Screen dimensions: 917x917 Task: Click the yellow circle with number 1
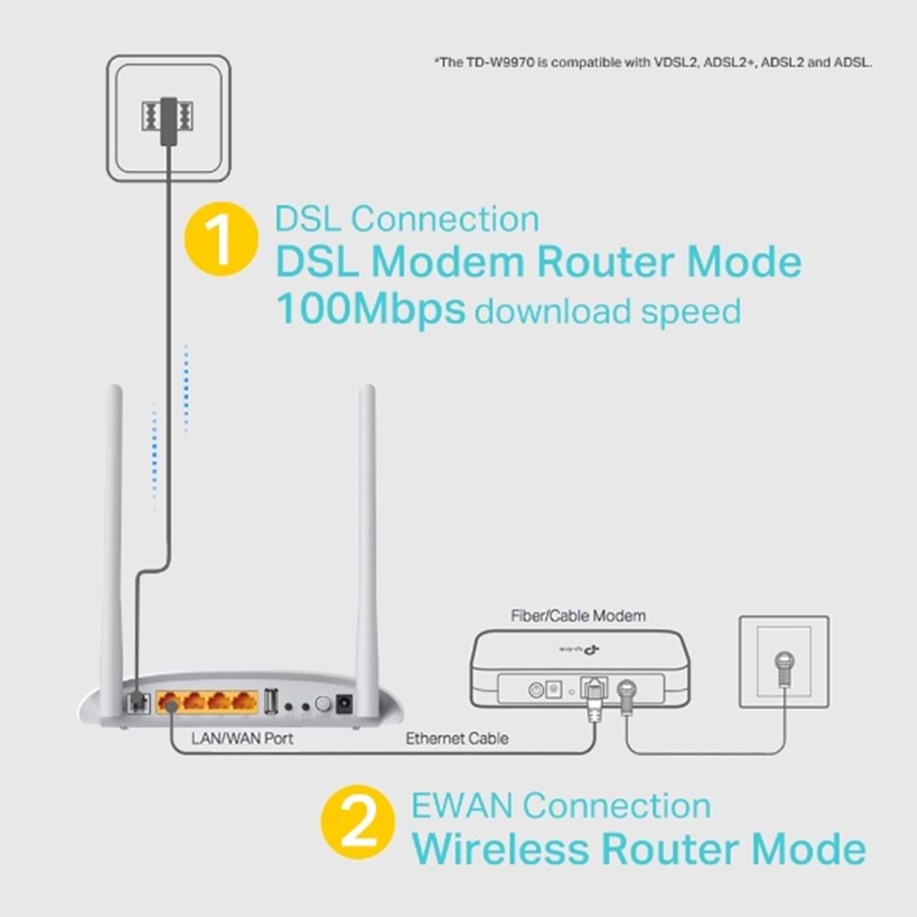221,238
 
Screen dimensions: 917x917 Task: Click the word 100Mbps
370,311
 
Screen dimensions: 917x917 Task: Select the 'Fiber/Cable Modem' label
578,615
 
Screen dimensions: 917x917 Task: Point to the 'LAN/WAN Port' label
242,737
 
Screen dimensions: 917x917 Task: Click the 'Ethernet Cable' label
457,737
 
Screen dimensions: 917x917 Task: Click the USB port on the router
271,702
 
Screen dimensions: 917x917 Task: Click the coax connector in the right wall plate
784,663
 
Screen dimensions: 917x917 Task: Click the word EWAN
461,806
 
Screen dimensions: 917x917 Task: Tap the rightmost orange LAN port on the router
244,702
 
